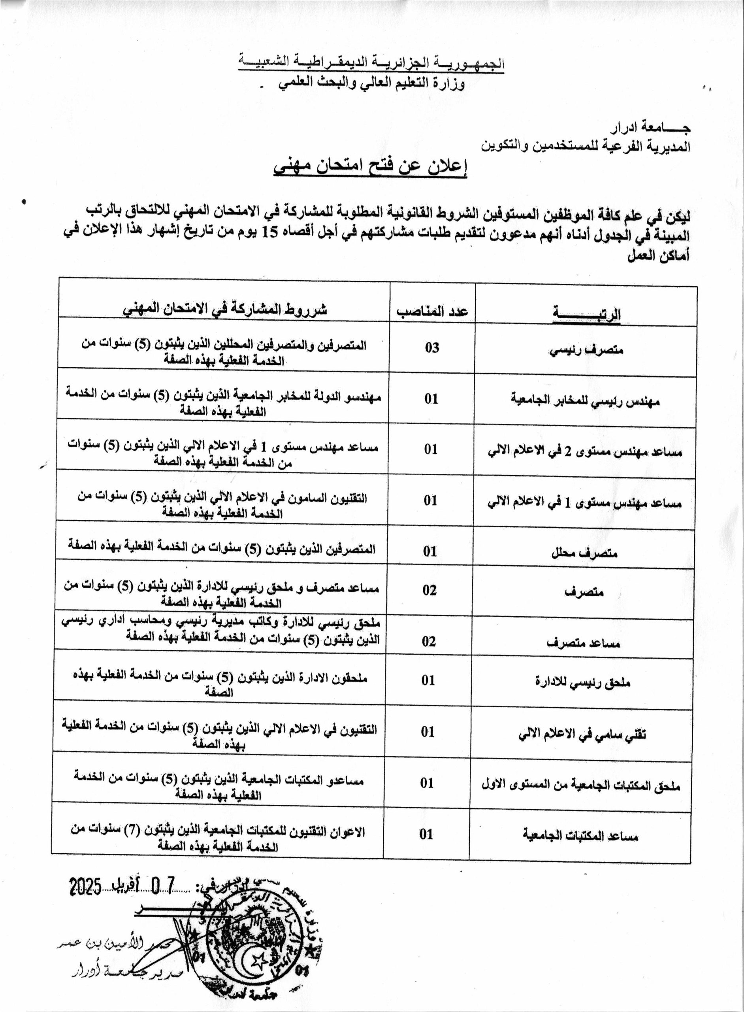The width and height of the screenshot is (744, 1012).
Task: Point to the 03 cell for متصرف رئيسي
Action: coord(432,347)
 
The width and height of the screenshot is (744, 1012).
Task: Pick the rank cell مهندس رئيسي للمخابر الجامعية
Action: coord(585,400)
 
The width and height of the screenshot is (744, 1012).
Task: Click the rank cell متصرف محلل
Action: coord(584,553)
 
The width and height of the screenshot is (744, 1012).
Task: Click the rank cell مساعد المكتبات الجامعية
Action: coord(580,836)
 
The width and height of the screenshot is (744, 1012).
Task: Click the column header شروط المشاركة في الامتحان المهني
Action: coord(225,310)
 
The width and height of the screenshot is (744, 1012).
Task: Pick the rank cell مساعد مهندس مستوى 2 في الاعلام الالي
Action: coord(585,451)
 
